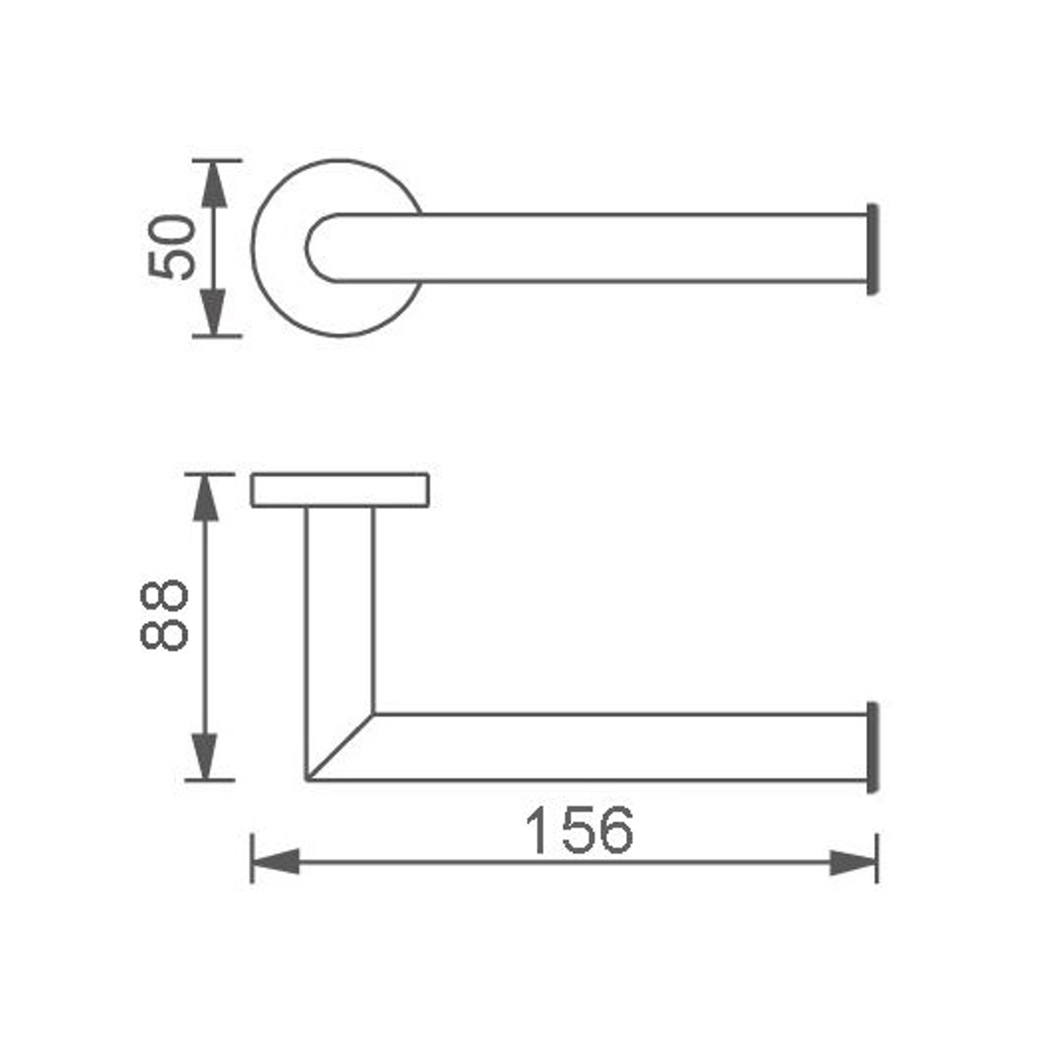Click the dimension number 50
point(172,247)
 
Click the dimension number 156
point(579,830)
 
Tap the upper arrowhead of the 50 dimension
point(213,184)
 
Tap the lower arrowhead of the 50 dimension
point(213,312)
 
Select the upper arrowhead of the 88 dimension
point(205,498)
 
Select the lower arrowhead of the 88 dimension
point(205,756)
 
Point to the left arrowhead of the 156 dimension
point(275,862)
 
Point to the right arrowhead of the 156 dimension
point(853,862)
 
